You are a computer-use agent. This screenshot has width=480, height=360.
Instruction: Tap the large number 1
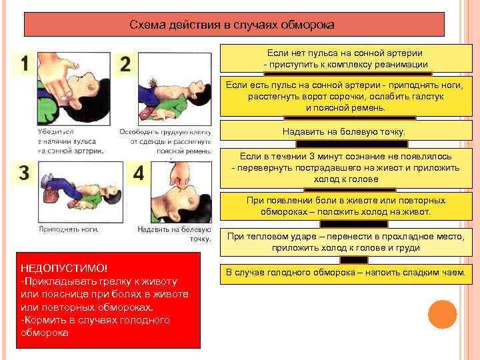click(x=25, y=65)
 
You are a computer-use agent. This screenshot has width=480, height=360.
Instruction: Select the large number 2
click(x=125, y=65)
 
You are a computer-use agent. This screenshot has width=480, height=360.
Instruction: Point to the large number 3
click(x=24, y=173)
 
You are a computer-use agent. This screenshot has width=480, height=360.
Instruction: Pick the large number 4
click(x=139, y=173)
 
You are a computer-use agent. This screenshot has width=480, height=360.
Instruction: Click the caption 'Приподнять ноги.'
click(x=69, y=229)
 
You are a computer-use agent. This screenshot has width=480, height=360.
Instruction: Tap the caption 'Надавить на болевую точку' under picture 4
click(x=175, y=233)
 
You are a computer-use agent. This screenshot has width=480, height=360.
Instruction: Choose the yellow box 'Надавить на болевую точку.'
click(x=343, y=131)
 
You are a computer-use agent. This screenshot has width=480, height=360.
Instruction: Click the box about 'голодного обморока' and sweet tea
click(x=345, y=273)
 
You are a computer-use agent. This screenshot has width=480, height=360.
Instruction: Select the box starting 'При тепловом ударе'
click(x=345, y=241)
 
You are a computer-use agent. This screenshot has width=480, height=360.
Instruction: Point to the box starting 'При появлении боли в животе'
click(x=345, y=205)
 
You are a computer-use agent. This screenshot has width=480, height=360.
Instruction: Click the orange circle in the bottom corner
click(x=441, y=314)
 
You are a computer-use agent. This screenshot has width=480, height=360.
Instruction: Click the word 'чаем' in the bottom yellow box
click(x=454, y=273)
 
